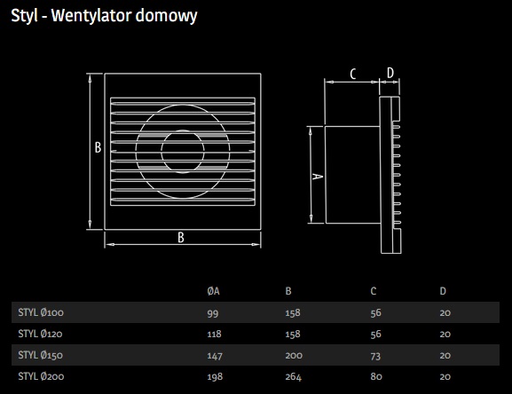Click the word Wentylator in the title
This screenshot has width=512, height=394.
[x=91, y=15]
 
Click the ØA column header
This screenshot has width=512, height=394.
[x=213, y=291]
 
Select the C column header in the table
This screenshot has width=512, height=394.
[x=374, y=291]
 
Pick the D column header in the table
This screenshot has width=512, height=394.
[x=443, y=291]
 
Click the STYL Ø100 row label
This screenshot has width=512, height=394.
[x=41, y=312]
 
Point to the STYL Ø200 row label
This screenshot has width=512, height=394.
[x=41, y=376]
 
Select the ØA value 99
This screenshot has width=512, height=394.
[x=213, y=313]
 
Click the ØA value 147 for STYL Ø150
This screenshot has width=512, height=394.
[x=215, y=356]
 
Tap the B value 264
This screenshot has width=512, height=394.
[x=293, y=377]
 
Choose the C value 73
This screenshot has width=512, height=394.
[x=375, y=356]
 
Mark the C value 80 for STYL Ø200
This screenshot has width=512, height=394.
[x=376, y=377]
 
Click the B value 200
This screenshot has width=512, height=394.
[x=294, y=355]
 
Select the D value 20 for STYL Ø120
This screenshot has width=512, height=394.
[x=445, y=334]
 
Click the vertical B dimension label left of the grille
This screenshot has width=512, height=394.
[x=98, y=147]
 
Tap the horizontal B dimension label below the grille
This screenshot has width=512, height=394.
[x=181, y=237]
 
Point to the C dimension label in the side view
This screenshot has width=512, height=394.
[x=353, y=74]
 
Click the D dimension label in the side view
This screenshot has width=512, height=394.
[x=390, y=73]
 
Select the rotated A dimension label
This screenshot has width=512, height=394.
[x=318, y=177]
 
